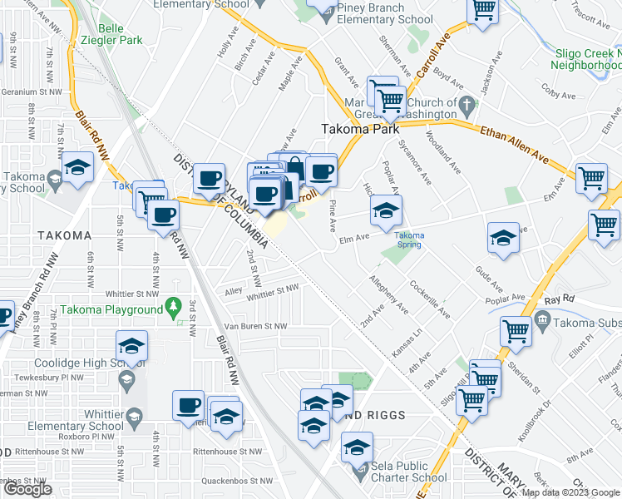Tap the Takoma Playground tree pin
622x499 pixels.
(x=174, y=308)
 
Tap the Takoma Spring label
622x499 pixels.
(x=409, y=240)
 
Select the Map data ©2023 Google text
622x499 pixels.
(x=570, y=492)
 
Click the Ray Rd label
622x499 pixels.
(x=560, y=298)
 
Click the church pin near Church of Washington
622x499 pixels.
(x=467, y=105)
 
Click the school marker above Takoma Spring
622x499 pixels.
(x=386, y=211)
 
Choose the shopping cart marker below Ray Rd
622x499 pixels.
(x=516, y=331)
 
